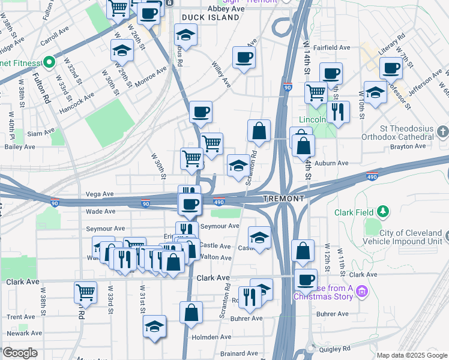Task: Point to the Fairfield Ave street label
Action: (x=336, y=47)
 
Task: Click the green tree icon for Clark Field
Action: (x=382, y=212)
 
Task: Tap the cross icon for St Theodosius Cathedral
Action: (x=442, y=131)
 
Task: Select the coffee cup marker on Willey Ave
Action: (x=243, y=58)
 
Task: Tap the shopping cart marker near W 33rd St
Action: (x=86, y=292)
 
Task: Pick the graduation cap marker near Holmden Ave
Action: (x=155, y=327)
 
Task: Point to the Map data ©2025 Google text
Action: (x=411, y=355)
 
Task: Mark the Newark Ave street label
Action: (x=24, y=332)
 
